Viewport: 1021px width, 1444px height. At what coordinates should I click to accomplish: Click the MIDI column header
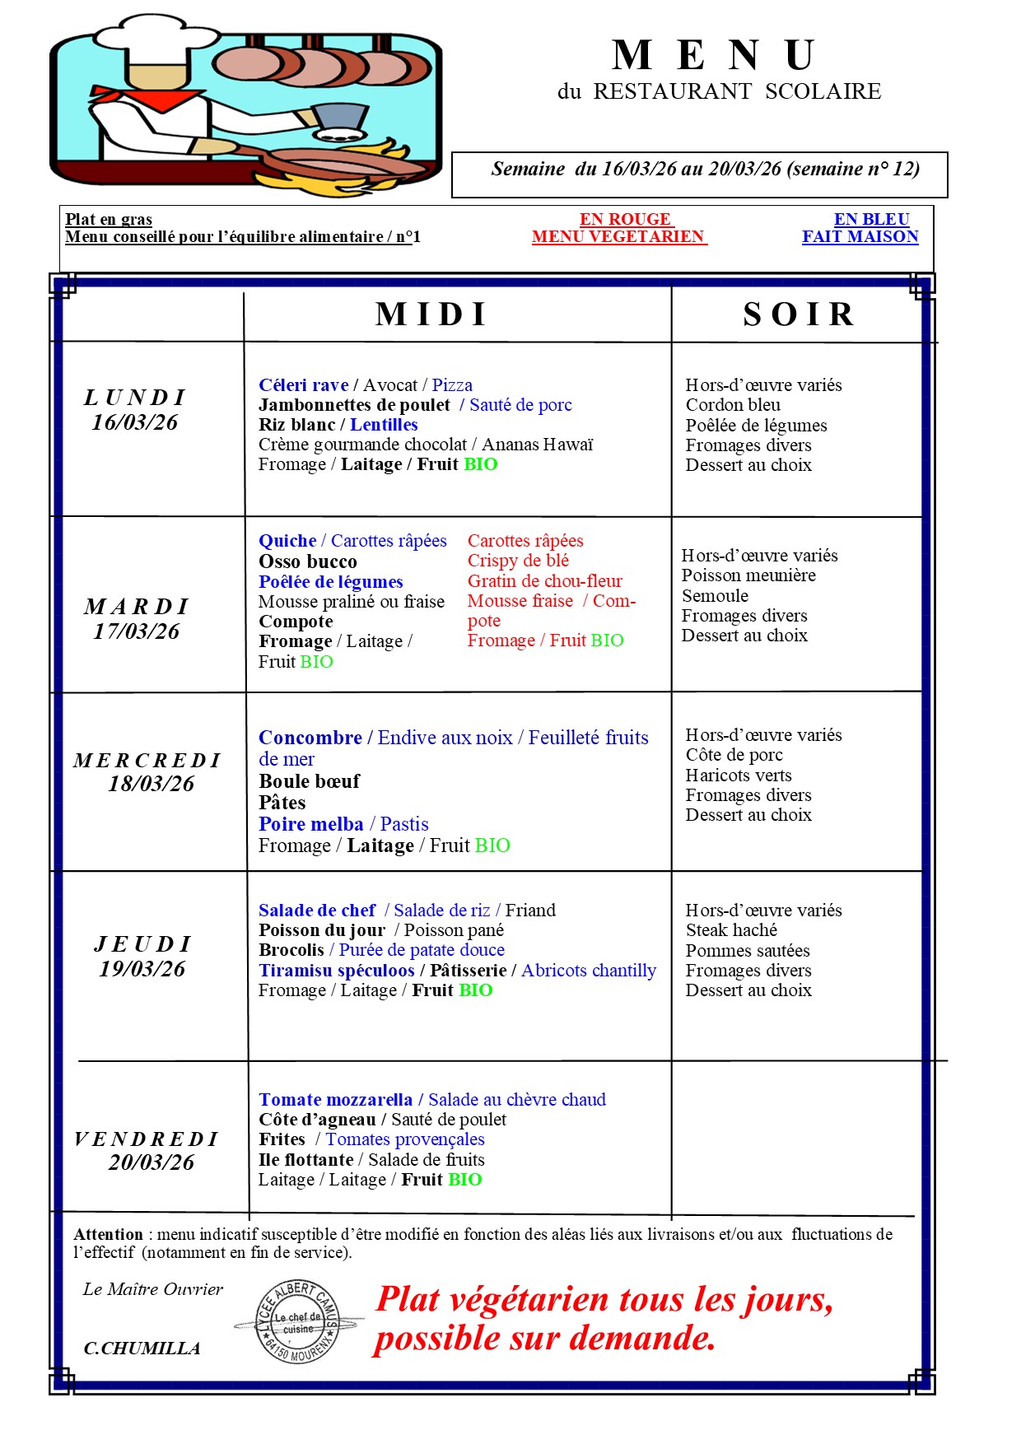432,314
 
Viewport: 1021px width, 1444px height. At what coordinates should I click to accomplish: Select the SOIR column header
800,314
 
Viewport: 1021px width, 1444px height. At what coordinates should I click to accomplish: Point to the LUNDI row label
135,398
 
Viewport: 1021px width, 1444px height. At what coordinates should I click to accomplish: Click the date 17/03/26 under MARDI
137,631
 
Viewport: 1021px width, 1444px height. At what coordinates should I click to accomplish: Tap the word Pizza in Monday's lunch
452,385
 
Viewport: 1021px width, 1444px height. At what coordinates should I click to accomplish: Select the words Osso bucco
308,561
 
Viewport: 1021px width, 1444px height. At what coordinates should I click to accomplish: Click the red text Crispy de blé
518,561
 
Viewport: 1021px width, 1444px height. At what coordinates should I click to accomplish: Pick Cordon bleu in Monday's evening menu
733,405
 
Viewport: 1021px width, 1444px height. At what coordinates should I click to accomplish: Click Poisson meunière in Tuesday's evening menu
748,575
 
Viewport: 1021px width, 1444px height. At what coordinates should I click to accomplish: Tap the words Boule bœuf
310,781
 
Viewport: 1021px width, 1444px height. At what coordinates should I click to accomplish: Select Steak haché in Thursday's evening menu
731,930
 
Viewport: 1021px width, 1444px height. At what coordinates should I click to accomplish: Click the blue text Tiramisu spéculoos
337,971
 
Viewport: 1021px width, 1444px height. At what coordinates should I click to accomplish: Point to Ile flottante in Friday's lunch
306,1160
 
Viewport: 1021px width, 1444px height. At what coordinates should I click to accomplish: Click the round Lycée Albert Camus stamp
297,1322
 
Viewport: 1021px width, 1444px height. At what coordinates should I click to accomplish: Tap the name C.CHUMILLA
142,1349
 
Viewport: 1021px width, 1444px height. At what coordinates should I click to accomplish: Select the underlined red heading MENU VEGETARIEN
618,237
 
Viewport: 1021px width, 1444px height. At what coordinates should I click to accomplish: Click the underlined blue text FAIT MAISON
860,237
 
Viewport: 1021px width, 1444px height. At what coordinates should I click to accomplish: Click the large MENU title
714,56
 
